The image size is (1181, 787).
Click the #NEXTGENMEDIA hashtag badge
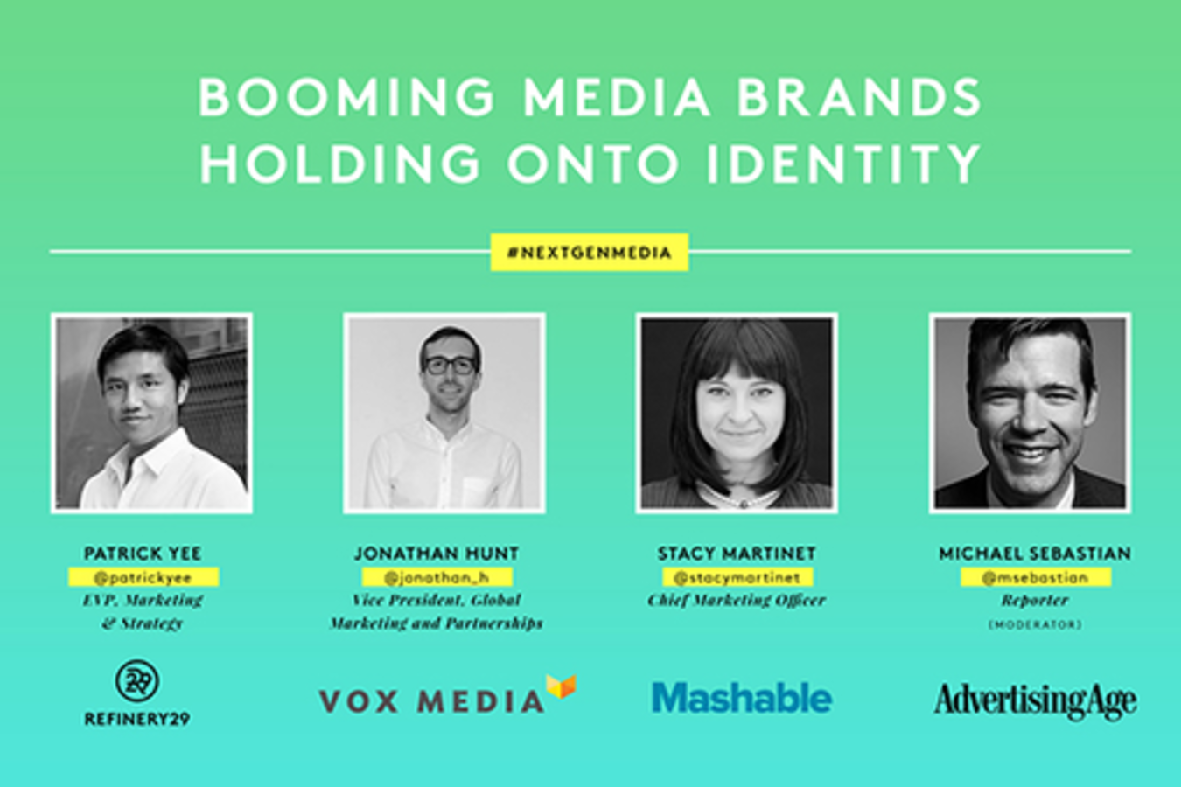coord(590,253)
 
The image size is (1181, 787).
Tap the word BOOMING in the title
coord(346,98)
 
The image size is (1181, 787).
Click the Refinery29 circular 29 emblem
coord(137,680)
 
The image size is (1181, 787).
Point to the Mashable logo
coord(742,698)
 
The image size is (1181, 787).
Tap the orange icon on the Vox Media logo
coord(561,686)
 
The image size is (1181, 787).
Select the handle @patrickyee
coord(143,577)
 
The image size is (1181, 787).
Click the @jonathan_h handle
coord(437,577)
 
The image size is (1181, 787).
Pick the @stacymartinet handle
coord(737,577)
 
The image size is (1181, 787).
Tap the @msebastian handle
coord(1036,577)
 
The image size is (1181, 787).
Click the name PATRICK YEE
coord(143,553)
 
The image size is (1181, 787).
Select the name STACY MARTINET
coord(737,553)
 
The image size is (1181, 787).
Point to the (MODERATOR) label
coord(1035,624)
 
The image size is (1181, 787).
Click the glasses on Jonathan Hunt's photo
coord(451,366)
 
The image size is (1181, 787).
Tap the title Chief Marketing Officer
coord(737,601)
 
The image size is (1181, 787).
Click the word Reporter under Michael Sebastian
coord(1035,601)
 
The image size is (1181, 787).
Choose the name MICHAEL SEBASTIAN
coord(1035,553)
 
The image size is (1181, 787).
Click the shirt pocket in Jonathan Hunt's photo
coord(476,491)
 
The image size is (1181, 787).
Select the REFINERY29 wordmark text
coord(137,719)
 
